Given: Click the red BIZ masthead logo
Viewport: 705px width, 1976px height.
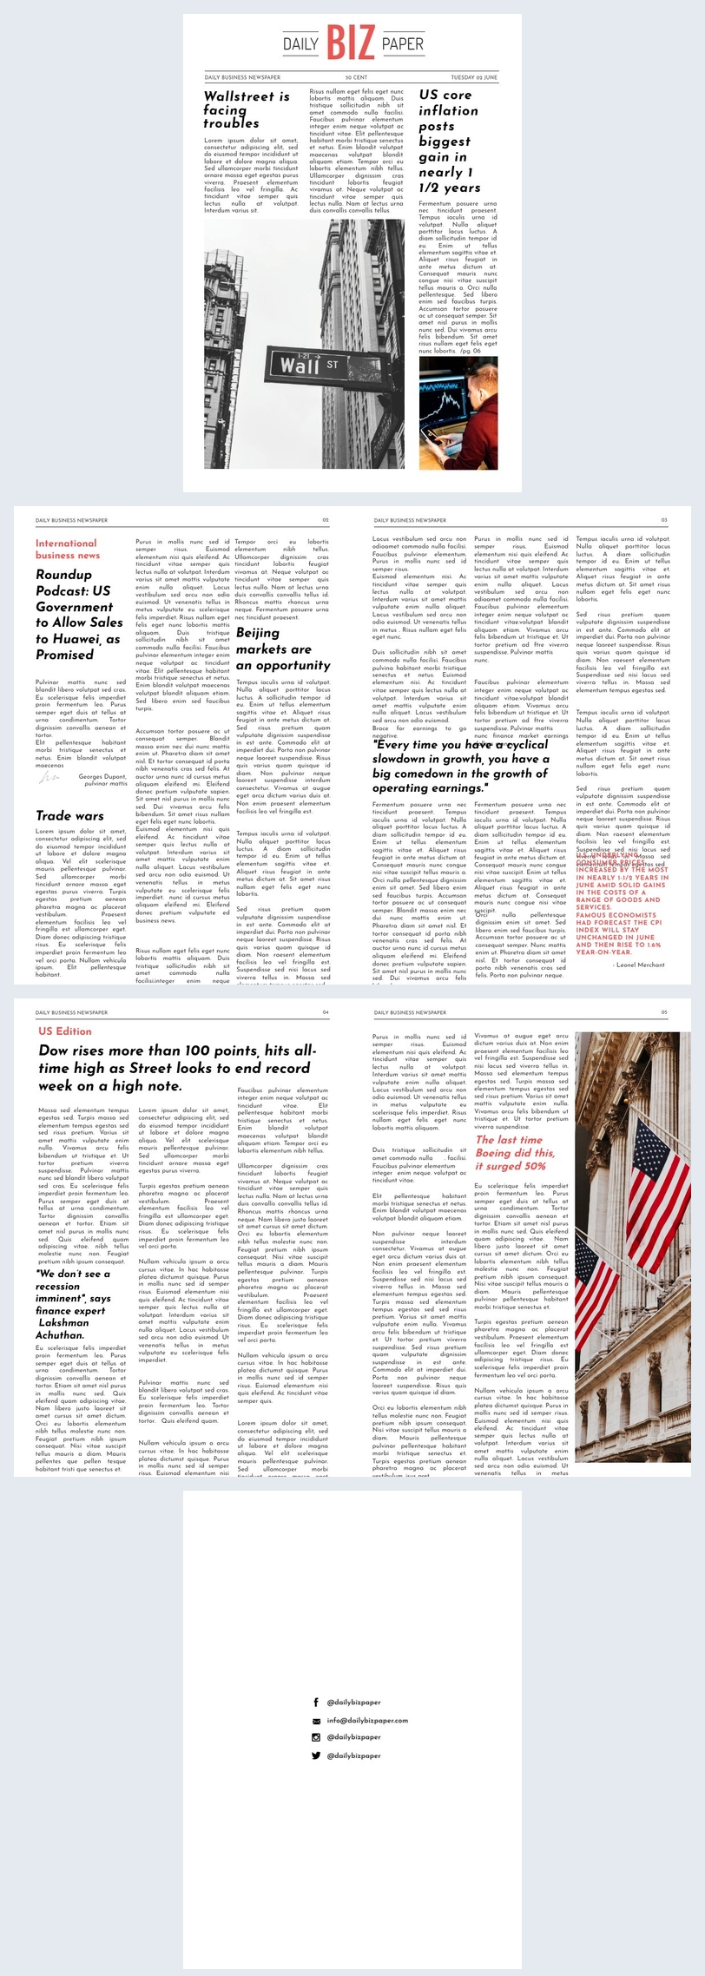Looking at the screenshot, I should coord(352,43).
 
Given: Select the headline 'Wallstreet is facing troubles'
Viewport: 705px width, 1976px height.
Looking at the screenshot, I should coord(246,109).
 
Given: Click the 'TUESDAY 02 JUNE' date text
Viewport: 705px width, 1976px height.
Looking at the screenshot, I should coord(473,77).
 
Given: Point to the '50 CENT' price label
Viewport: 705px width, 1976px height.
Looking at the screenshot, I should coord(354,77).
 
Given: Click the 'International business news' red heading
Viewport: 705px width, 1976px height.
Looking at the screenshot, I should coord(67,549).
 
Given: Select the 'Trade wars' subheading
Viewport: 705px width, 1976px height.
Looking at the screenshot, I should coord(69,815).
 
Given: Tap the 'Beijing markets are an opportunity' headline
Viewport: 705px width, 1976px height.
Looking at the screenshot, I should coord(282,649).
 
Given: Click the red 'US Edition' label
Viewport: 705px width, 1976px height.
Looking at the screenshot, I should coord(65,1031).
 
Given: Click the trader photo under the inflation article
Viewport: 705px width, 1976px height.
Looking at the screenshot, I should coord(458,413).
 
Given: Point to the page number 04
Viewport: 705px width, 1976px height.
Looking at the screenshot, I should coord(326,1012).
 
